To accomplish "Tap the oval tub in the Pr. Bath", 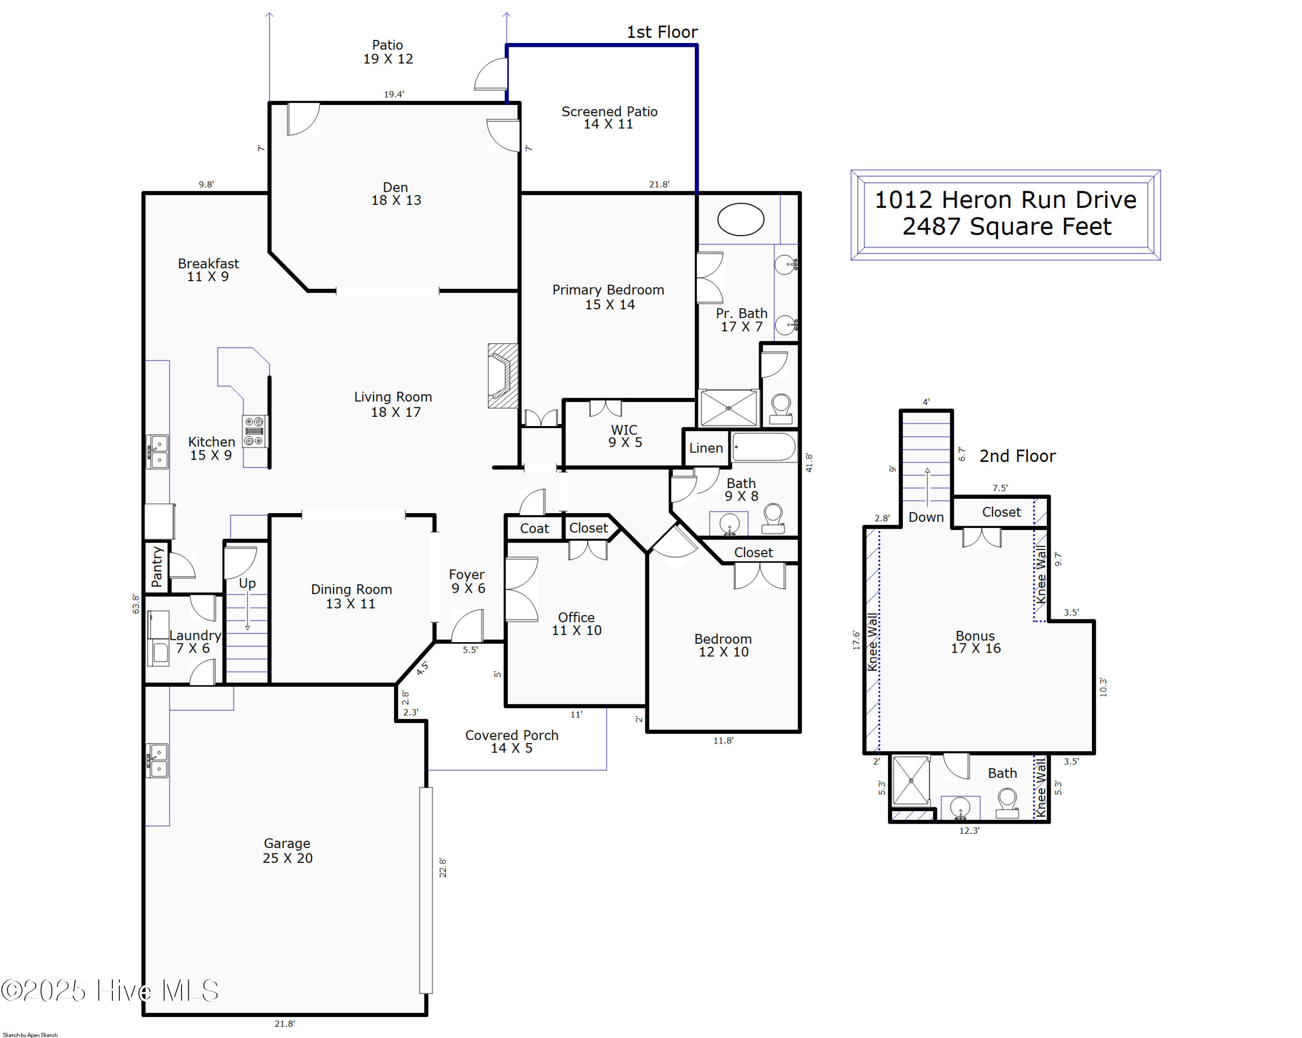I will pyautogui.click(x=740, y=219).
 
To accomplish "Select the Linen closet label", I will pyautogui.click(x=706, y=448).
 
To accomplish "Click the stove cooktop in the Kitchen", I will pyautogui.click(x=254, y=431).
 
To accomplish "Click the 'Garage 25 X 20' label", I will pyautogui.click(x=287, y=850).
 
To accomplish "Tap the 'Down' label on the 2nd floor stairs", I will pyautogui.click(x=926, y=517).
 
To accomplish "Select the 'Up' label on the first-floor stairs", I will pyautogui.click(x=247, y=583).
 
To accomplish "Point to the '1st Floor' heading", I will pyautogui.click(x=662, y=32).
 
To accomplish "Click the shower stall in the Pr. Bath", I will pyautogui.click(x=728, y=409).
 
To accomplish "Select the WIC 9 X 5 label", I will pyautogui.click(x=625, y=436).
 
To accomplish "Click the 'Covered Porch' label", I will pyautogui.click(x=512, y=741).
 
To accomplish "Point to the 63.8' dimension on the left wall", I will pyautogui.click(x=136, y=603).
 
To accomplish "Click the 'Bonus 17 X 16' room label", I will pyautogui.click(x=975, y=642).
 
